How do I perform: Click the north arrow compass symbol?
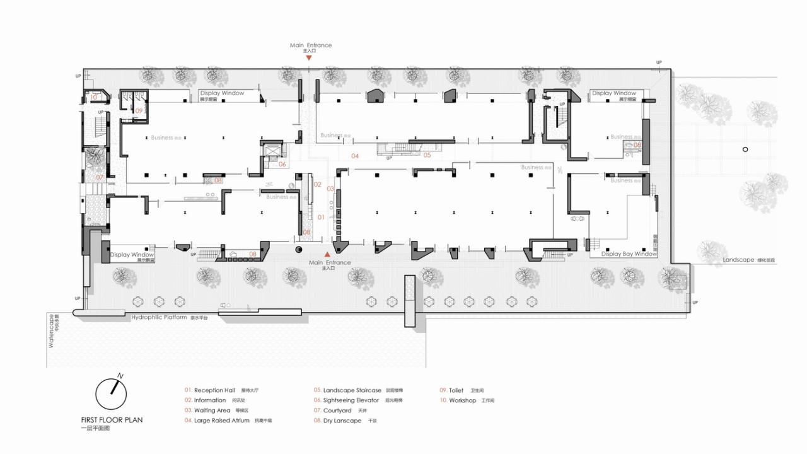click(111, 394)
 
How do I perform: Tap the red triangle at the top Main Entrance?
click(309, 57)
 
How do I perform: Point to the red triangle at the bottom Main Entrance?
click(327, 255)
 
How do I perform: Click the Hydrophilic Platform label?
click(159, 317)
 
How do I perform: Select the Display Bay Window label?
click(629, 254)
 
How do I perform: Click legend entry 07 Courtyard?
click(337, 410)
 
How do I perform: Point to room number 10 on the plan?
click(93, 97)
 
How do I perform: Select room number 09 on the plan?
click(139, 110)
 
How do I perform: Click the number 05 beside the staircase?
click(427, 154)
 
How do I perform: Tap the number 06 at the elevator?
click(282, 164)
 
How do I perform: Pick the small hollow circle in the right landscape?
click(745, 149)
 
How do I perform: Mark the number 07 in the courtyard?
click(100, 177)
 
